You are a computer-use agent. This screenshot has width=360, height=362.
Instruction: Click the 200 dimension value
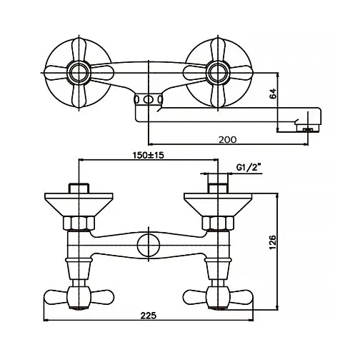[228, 140]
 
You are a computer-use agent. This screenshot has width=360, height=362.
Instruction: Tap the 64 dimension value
[273, 94]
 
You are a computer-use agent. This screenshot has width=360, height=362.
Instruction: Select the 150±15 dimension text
[149, 155]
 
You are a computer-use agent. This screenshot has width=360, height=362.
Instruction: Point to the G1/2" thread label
[248, 168]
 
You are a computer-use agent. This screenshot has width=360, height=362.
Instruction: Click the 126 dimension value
[272, 242]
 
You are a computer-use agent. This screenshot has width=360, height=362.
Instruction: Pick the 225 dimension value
[149, 316]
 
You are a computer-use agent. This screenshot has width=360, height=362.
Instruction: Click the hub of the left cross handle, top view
[79, 73]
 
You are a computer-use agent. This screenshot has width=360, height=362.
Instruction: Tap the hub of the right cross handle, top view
[218, 73]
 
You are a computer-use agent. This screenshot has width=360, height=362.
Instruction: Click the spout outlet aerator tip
[307, 129]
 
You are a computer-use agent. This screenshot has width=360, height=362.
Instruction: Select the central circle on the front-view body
[149, 245]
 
